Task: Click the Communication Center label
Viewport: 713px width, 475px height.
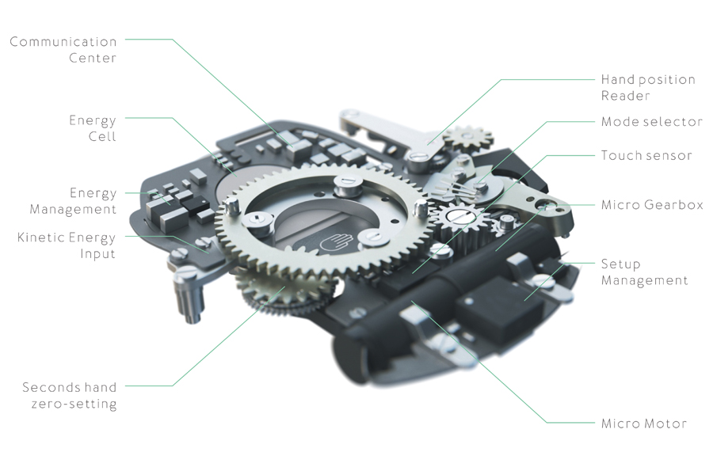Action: (x=63, y=50)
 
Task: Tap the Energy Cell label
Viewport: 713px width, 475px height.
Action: (x=93, y=128)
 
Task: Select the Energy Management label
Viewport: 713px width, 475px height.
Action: (x=73, y=201)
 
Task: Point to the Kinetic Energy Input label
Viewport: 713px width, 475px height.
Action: (x=67, y=245)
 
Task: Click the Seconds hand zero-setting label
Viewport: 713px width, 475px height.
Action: (x=70, y=396)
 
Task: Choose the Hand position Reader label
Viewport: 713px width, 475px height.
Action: (x=648, y=87)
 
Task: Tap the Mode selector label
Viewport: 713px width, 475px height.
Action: (x=652, y=121)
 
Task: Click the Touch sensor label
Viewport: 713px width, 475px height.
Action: (x=646, y=155)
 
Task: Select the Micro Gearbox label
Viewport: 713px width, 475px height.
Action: (x=652, y=205)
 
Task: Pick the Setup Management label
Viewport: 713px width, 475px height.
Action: (x=644, y=272)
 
